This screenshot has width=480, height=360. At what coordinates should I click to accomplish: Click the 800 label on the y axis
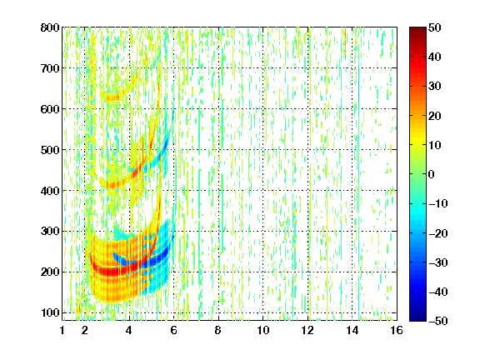(50, 27)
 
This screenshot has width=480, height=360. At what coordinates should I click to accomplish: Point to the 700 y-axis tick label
(50, 68)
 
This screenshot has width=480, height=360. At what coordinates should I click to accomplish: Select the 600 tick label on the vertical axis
(50, 109)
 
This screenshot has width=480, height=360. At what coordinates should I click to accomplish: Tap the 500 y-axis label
(50, 150)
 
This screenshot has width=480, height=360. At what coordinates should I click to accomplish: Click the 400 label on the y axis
(50, 191)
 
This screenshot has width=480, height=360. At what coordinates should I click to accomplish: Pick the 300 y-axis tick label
(50, 232)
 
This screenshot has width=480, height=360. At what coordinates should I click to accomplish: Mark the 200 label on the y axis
(50, 272)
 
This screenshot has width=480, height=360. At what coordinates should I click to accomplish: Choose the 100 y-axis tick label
(50, 312)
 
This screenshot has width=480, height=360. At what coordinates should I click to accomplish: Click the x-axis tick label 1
(62, 330)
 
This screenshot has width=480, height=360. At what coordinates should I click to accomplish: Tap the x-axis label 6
(174, 330)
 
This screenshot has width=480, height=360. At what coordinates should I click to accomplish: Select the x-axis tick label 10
(263, 330)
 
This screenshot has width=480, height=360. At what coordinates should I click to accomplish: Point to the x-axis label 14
(352, 330)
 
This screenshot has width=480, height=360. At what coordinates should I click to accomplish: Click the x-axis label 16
(397, 330)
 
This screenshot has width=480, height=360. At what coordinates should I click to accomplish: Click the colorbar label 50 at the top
(435, 27)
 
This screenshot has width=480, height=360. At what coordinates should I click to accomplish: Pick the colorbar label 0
(432, 174)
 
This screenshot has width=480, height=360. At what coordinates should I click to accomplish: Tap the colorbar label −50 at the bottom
(438, 321)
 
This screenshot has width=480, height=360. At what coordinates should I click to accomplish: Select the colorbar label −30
(438, 262)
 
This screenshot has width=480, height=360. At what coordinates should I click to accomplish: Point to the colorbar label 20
(435, 116)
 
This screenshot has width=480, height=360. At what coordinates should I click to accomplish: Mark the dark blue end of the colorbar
(417, 318)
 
